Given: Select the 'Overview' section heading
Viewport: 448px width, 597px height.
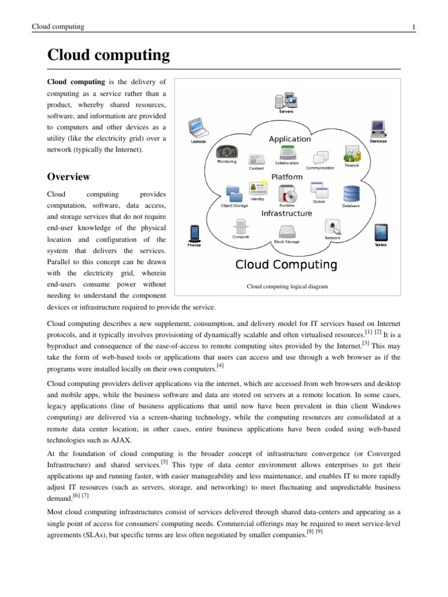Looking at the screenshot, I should tap(68, 177).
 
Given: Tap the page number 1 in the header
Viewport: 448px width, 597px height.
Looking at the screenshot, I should tap(413, 27).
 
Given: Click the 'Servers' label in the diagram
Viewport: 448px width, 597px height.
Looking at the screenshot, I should tap(287, 111).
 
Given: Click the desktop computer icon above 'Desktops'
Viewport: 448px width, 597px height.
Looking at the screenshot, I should tap(377, 128).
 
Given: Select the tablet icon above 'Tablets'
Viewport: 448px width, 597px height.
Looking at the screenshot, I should tap(380, 232).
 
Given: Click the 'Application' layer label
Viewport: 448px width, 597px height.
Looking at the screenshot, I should tap(289, 139).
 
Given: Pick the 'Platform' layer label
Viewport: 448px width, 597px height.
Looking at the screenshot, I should tap(286, 177).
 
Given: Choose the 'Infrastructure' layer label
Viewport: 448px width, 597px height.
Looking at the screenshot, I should tap(286, 213).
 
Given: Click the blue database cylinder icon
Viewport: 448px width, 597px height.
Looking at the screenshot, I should tap(351, 193).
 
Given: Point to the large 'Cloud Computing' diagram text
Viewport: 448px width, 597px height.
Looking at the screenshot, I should tap(286, 265).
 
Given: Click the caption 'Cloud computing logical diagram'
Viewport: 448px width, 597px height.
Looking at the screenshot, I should tap(287, 286).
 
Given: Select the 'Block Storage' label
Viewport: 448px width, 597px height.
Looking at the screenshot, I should tap(286, 241).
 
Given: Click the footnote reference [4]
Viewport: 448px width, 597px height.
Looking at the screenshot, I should tap(220, 366).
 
